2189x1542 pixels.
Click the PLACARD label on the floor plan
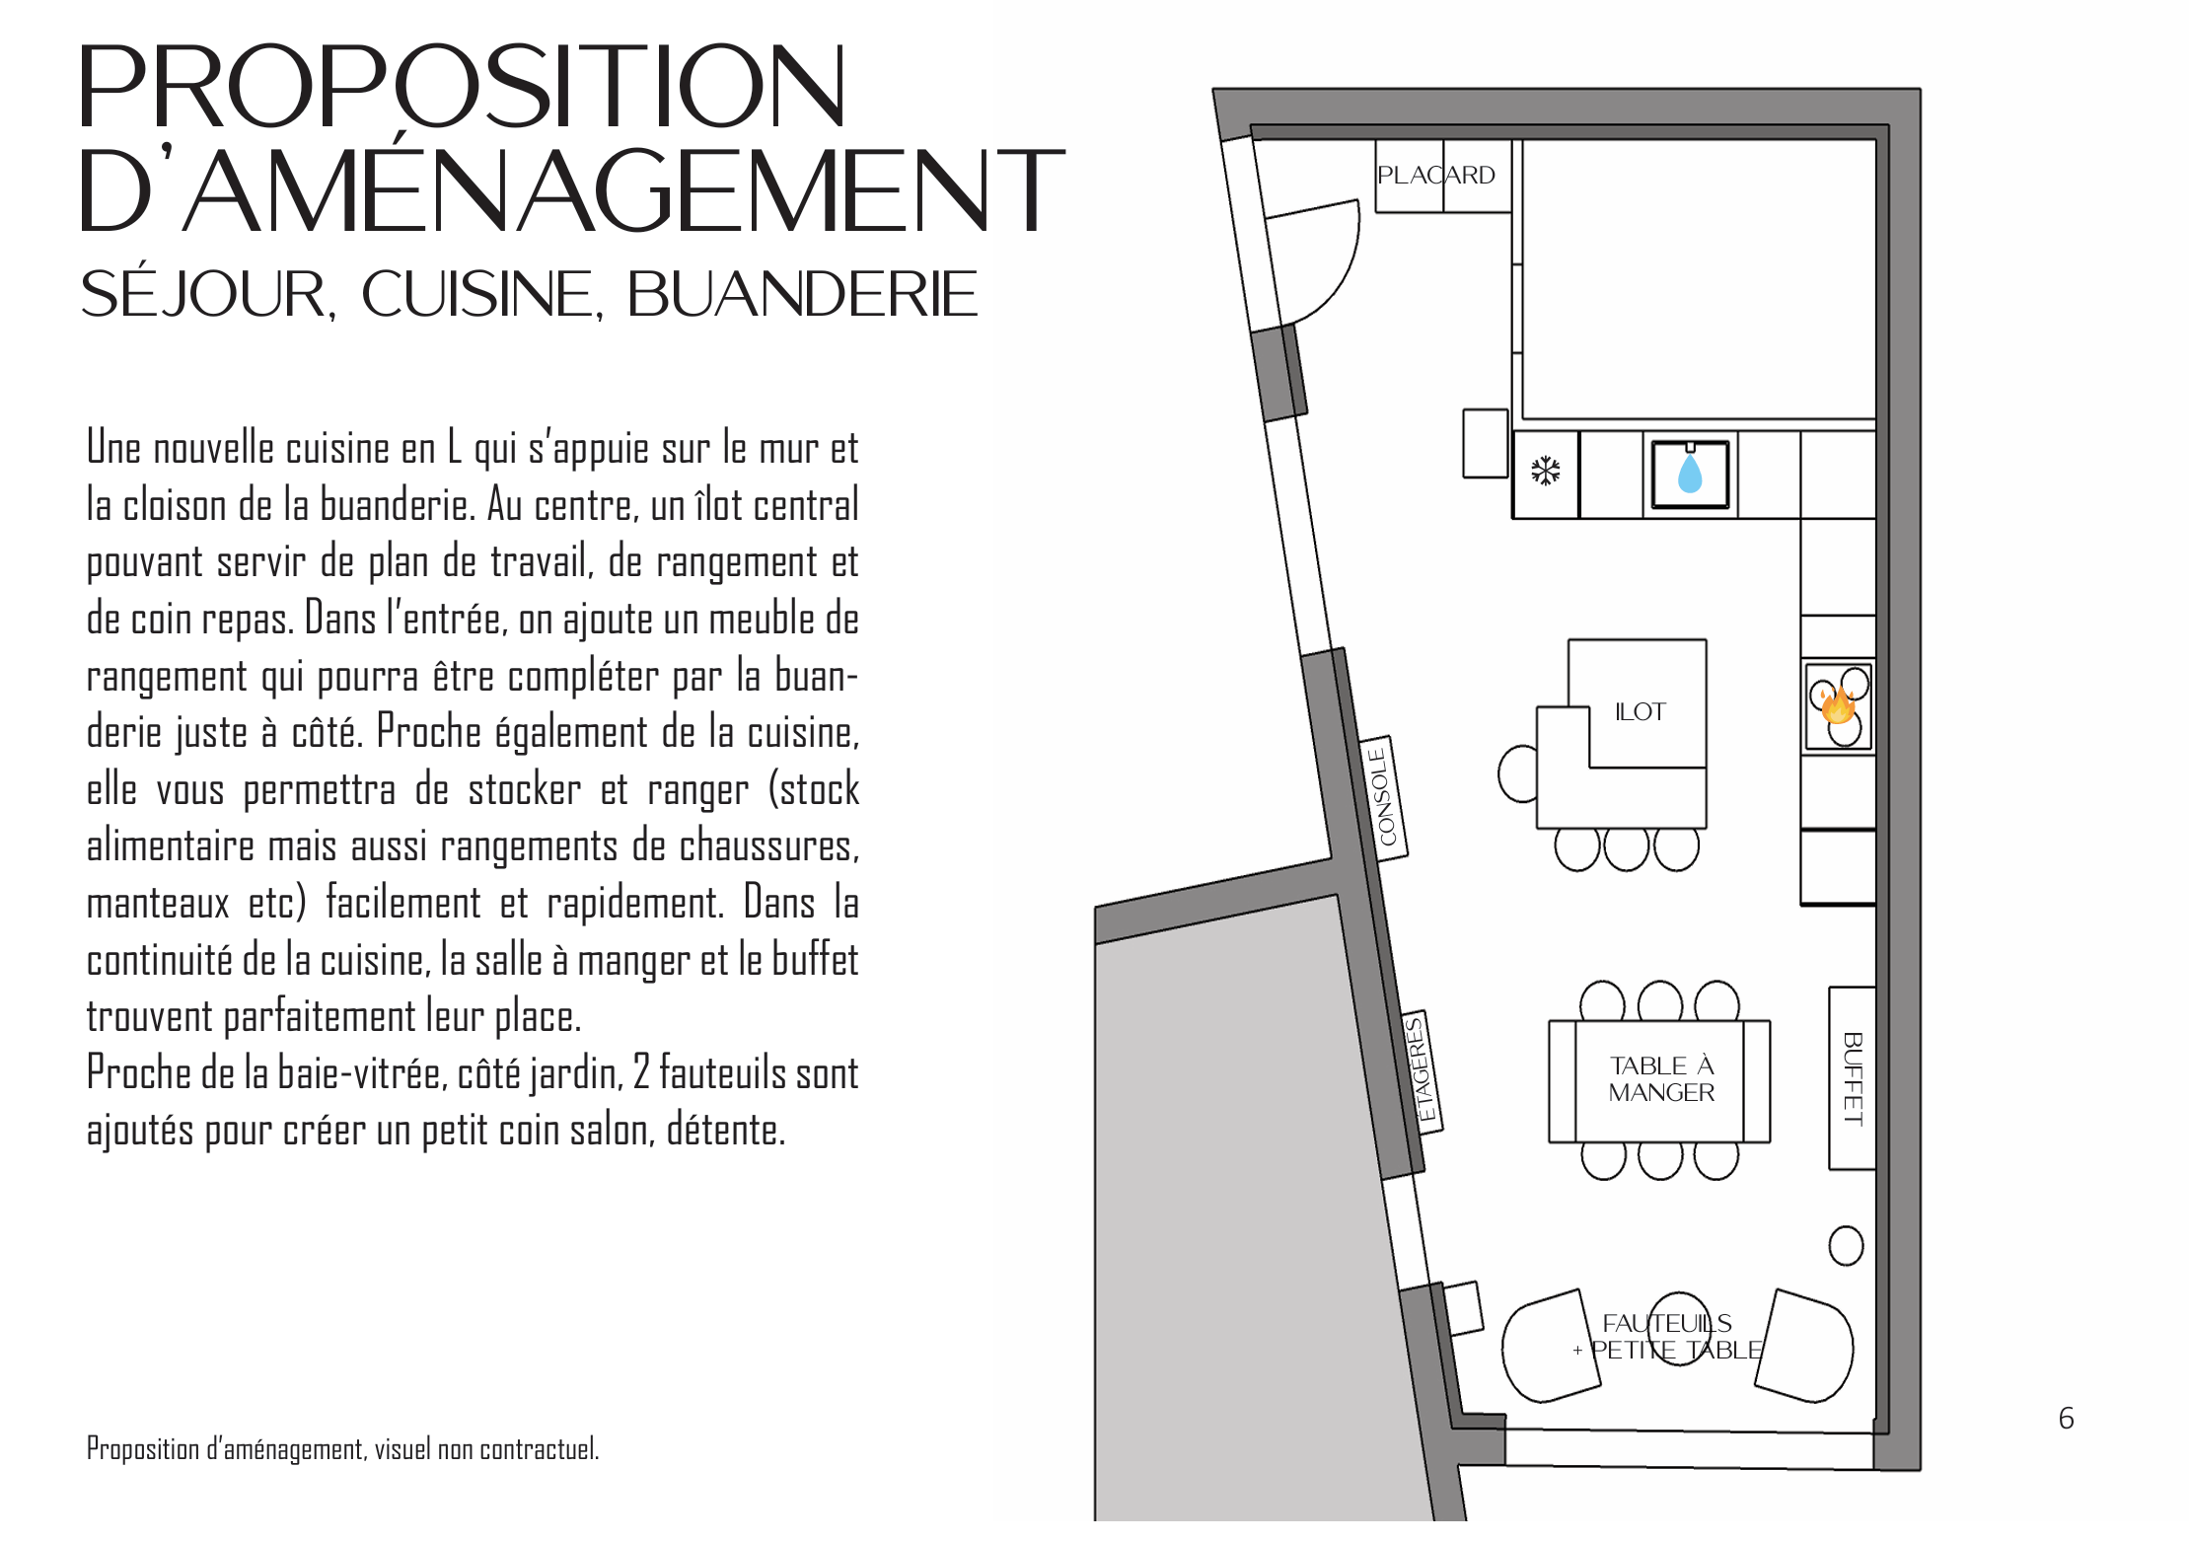coord(1435,176)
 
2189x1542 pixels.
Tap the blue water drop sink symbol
coord(1690,475)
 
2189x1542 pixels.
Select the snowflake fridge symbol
coord(1546,471)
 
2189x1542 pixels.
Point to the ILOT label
coord(1640,712)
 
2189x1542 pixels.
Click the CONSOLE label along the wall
coord(1383,797)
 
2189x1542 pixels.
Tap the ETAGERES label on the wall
coord(1422,1070)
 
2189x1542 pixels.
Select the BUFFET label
coord(1853,1078)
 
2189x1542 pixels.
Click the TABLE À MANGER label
coord(1661,1079)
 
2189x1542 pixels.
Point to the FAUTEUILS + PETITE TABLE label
coord(1667,1337)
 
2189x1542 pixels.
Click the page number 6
coord(2066,1419)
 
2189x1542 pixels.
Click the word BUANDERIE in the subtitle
coord(801,294)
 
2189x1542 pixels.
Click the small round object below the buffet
coord(1846,1246)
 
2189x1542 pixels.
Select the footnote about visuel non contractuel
coord(342,1449)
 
